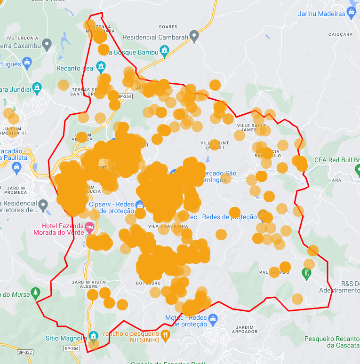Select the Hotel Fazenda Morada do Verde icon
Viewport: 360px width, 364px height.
tap(89, 228)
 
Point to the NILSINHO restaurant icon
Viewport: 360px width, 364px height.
tap(165, 335)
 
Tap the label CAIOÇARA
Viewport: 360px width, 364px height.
tap(340, 34)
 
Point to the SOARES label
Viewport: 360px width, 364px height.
tap(168, 27)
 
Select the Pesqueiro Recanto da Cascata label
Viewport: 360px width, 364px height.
tap(332, 342)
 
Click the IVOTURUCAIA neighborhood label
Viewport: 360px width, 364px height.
tap(22, 37)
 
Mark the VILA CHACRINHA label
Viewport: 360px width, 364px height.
tap(168, 226)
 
